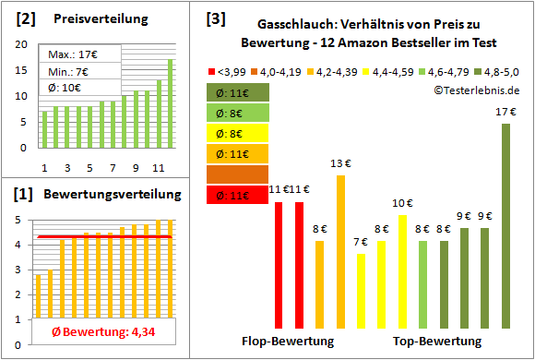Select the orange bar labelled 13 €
pyautogui.click(x=340, y=251)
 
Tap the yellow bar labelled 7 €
pyautogui.click(x=361, y=291)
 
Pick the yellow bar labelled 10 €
pyautogui.click(x=402, y=271)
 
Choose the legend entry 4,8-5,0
pyautogui.click(x=496, y=70)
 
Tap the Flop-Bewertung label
pyautogui.click(x=288, y=342)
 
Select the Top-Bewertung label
pyautogui.click(x=437, y=342)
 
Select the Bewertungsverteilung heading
pyautogui.click(x=101, y=195)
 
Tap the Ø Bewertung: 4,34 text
pyautogui.click(x=99, y=330)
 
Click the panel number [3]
pyautogui.click(x=216, y=18)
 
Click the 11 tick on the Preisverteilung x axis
pyautogui.click(x=159, y=168)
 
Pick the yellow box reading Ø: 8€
pyautogui.click(x=237, y=132)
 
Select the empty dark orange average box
pyautogui.click(x=237, y=174)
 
